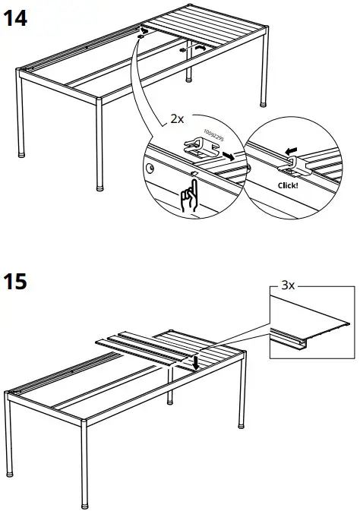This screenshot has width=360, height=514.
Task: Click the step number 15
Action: pyautogui.click(x=16, y=282)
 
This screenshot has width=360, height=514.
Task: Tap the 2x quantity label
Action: pyautogui.click(x=176, y=120)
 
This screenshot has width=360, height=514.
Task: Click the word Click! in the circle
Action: pyautogui.click(x=289, y=183)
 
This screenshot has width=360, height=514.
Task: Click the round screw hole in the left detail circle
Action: pyautogui.click(x=149, y=166)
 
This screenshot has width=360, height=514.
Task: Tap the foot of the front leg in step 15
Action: pyautogui.click(x=84, y=502)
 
